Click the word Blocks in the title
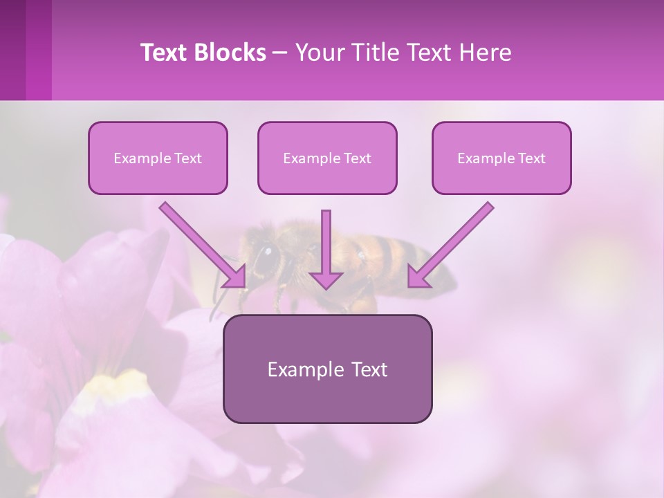click(231, 53)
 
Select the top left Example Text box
click(158, 158)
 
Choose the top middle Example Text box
click(327, 158)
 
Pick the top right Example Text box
click(501, 158)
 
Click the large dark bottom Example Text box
click(327, 369)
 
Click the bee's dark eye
click(264, 258)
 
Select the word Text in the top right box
click(532, 158)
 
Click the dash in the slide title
click(280, 53)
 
